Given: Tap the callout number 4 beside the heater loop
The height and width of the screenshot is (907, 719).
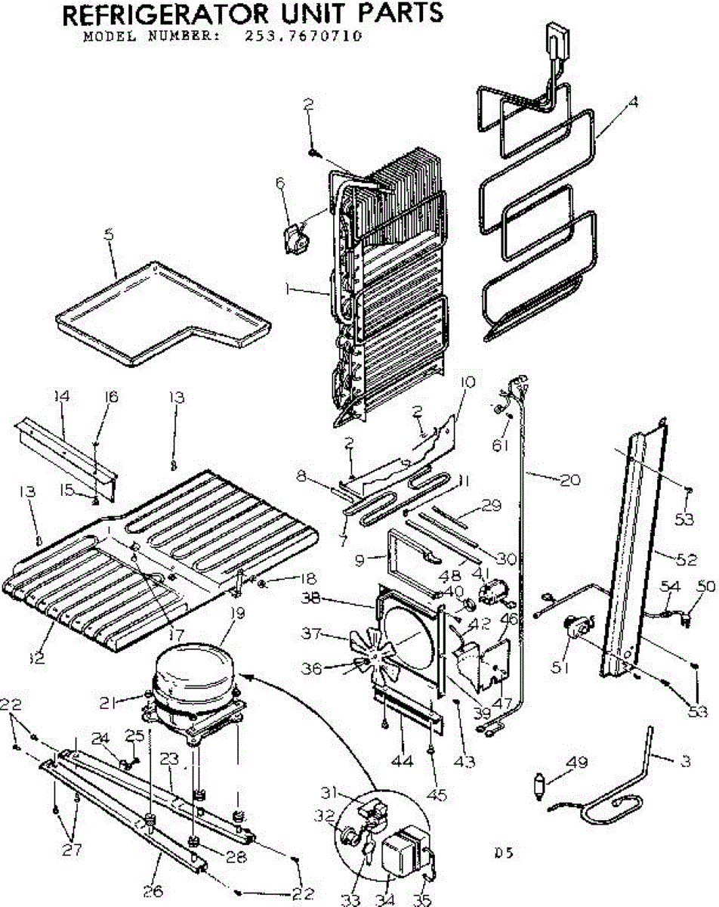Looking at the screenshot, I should click(633, 104).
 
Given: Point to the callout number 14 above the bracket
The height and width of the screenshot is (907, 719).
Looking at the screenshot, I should click(62, 397).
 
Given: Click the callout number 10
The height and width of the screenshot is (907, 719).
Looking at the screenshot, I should click(468, 382).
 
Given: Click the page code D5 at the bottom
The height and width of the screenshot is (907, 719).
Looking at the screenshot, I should click(504, 853).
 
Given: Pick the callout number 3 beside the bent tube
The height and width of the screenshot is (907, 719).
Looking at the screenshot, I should click(684, 762).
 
